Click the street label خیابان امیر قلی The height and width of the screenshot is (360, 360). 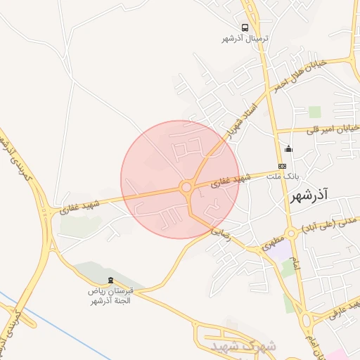click(330, 129)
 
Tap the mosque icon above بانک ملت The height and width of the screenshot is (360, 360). click(288, 148)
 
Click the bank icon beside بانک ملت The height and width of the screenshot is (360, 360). click(282, 165)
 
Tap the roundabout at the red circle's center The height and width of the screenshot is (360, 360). click(186, 188)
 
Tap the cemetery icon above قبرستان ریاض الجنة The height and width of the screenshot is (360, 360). click(109, 281)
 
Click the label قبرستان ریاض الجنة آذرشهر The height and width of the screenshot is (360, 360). click(110, 296)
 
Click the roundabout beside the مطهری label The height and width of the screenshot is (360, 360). click(290, 234)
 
